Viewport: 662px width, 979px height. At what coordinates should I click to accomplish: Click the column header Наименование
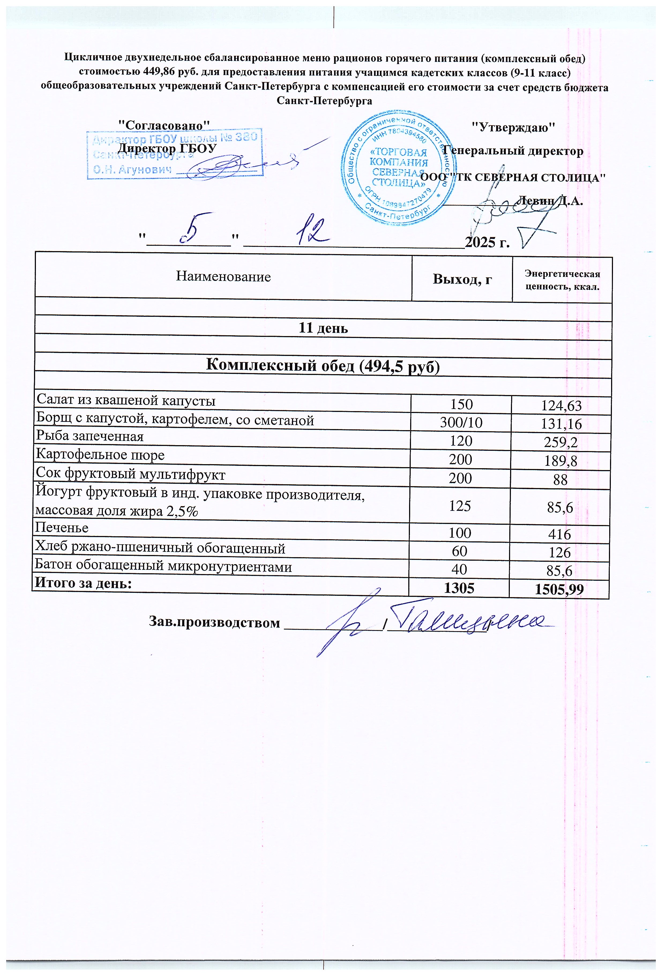pos(223,277)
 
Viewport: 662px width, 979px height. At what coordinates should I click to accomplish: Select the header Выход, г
pos(462,279)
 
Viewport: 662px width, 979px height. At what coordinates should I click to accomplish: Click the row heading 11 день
pos(323,328)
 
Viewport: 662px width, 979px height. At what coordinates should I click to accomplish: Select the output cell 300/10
pos(461,423)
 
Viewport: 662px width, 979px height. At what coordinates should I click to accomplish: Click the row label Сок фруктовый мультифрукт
pos(130,475)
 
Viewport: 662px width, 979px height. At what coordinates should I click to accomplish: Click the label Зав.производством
pos(214,622)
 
